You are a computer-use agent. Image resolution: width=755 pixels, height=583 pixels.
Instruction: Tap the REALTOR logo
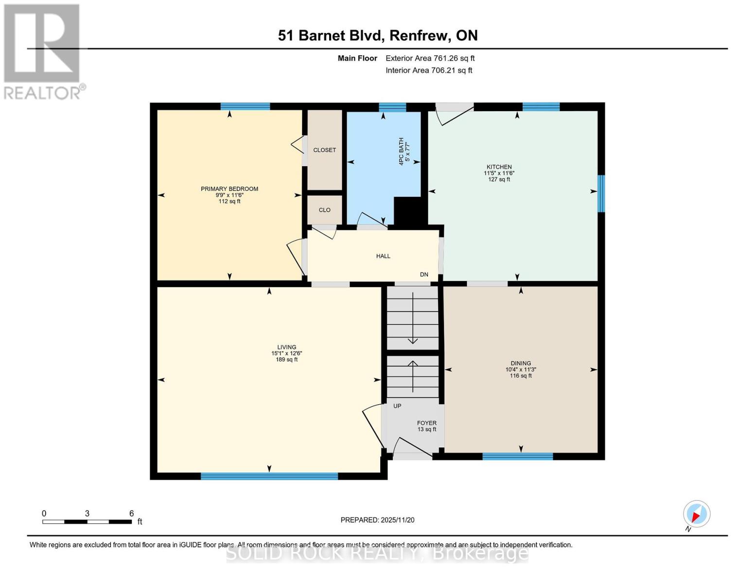(x=43, y=51)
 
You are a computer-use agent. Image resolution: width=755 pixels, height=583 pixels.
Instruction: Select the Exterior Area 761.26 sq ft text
(x=430, y=58)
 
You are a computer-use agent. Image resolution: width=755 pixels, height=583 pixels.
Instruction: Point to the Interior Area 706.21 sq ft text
(x=429, y=70)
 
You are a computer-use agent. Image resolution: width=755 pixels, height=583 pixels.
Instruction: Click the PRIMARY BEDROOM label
(x=229, y=189)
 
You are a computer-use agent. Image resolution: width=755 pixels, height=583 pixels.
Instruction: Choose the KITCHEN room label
(x=499, y=167)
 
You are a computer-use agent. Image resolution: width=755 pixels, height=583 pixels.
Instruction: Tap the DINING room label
(x=521, y=363)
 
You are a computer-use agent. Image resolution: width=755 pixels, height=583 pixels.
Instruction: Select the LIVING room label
(x=287, y=347)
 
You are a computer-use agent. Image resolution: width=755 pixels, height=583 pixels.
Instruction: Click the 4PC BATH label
(x=402, y=151)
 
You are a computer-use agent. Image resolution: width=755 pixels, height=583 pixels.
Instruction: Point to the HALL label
(x=383, y=256)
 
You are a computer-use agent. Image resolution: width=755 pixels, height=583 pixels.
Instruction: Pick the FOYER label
(x=427, y=423)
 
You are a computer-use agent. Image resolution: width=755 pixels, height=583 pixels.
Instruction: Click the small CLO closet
(x=325, y=210)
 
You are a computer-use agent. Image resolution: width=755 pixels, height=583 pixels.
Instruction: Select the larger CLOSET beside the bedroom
(x=325, y=150)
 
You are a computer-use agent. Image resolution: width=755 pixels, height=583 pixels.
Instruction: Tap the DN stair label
(x=424, y=274)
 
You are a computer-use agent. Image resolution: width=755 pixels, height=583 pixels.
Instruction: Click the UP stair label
(x=397, y=406)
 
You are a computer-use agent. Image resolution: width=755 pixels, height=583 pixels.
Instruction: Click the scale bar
(x=87, y=522)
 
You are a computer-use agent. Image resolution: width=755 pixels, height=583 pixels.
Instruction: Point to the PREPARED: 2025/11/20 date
(x=377, y=520)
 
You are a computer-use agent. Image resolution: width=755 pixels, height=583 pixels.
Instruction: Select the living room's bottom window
(x=269, y=476)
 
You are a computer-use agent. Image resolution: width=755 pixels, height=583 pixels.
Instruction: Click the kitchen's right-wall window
(x=601, y=193)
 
